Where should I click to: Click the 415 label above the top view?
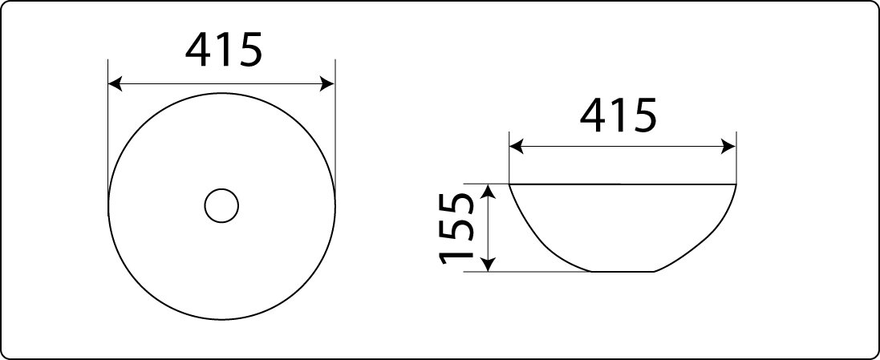pos(223,50)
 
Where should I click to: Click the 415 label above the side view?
pos(618,115)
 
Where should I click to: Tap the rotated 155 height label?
pos(457,229)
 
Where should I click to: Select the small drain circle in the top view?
pos(221,206)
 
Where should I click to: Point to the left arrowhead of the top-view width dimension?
pos(115,84)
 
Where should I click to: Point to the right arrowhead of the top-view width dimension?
pos(327,84)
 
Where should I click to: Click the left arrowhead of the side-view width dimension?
pos(517,148)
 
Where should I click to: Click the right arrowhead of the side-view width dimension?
pos(728,148)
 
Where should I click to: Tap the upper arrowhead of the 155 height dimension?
pos(489,192)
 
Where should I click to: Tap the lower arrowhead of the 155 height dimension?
pos(489,264)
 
